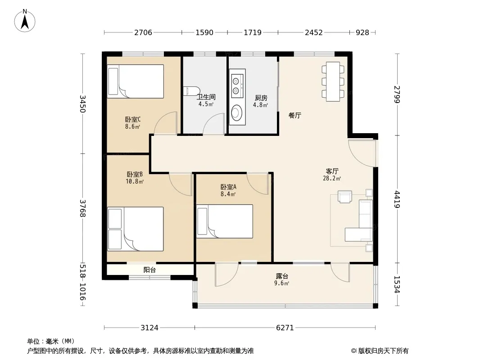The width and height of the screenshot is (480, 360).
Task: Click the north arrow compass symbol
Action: point(25,21)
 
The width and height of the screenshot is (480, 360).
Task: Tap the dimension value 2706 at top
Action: point(143,32)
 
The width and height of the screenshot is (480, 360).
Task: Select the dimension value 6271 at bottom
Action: point(285,328)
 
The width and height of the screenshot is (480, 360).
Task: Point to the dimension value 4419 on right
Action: point(397,199)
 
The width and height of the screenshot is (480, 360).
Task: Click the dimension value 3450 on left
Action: point(83,103)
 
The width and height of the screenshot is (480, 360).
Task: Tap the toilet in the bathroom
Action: point(191,91)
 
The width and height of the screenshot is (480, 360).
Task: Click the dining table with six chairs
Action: point(333,81)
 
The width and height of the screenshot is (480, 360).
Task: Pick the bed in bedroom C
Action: point(135,81)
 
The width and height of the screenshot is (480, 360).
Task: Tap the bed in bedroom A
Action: point(225,221)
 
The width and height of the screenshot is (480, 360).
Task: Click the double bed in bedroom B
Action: point(135,229)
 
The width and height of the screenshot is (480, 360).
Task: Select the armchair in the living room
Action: point(345,196)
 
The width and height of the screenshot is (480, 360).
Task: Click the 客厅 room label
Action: point(332,171)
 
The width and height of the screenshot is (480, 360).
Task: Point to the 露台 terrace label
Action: point(281,276)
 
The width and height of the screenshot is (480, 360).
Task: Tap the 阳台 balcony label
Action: point(149,270)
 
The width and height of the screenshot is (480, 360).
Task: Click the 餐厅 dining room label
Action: point(295,115)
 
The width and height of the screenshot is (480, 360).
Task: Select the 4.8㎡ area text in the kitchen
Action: point(261,105)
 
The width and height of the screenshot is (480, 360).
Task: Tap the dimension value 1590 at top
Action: point(204,32)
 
